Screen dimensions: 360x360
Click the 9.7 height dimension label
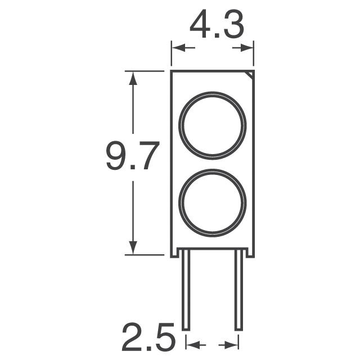pos(133,156)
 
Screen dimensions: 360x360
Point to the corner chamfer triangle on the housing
pos(251,75)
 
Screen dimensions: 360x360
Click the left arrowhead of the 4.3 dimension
pos(179,48)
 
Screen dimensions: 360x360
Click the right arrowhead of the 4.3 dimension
pos(246,48)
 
